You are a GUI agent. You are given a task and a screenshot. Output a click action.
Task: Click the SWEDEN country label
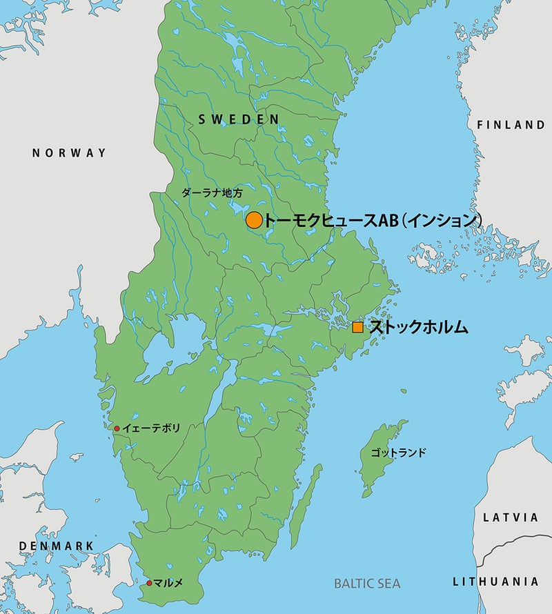[x=239, y=119]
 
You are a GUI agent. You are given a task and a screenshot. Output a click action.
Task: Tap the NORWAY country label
[x=70, y=152]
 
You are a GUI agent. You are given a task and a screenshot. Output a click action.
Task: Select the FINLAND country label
[x=511, y=125]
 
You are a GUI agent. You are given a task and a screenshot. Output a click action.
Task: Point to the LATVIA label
[x=510, y=517]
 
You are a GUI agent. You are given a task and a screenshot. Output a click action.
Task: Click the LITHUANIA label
[x=495, y=582]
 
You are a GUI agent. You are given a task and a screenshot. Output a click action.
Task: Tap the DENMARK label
[x=56, y=546]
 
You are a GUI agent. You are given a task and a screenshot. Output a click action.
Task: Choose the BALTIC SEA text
[x=367, y=584]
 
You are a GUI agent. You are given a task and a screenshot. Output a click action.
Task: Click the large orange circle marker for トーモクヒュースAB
[x=254, y=220]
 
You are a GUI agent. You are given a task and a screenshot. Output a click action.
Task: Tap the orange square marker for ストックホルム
[x=357, y=328]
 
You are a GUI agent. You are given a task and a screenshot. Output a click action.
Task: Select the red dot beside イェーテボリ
[x=117, y=428]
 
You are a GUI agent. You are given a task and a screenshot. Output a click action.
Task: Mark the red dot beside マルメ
[x=149, y=583]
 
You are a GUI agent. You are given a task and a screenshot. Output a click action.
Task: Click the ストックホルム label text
[x=418, y=328]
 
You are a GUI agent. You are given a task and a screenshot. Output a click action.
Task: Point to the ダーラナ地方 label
[x=212, y=193]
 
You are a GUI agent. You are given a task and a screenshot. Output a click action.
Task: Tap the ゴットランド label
[x=398, y=453]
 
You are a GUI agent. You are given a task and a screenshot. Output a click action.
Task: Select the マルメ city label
[x=169, y=583]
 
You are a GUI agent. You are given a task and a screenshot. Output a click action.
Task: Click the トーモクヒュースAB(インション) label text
[x=373, y=220]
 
